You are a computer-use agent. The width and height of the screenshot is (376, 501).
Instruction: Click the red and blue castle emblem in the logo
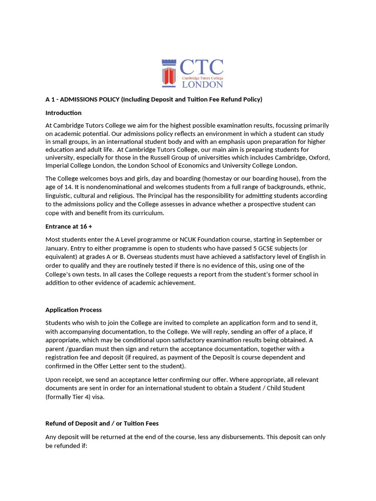point(168,73)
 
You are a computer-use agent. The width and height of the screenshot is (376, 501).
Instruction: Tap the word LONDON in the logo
point(203,84)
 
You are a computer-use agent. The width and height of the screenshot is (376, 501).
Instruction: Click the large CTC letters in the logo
point(202,68)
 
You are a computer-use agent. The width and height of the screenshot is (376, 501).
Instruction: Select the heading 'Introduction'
point(63,113)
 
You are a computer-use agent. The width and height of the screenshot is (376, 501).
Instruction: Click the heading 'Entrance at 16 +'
point(69,227)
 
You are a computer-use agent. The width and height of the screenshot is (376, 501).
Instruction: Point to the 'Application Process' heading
point(73,310)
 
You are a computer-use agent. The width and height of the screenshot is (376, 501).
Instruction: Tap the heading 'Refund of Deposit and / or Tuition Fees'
point(102,423)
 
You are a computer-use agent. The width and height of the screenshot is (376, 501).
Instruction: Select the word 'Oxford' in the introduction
point(320,158)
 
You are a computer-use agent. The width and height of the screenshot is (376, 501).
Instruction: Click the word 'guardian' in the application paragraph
point(86,349)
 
